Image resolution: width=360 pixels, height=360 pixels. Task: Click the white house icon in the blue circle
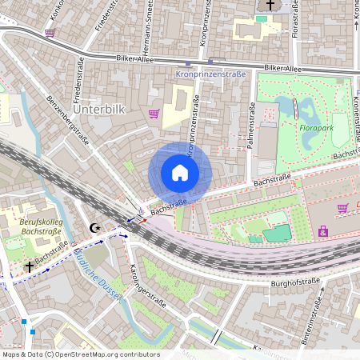(180, 173)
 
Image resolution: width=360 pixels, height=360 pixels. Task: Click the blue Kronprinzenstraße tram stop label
(209, 74)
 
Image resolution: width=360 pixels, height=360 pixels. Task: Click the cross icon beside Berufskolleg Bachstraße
(30, 266)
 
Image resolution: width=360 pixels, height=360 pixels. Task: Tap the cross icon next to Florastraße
(270, 6)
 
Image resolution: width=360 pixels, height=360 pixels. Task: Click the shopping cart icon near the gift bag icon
(343, 208)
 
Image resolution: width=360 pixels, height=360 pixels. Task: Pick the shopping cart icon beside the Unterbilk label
(153, 113)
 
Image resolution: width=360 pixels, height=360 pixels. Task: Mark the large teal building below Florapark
(277, 233)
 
